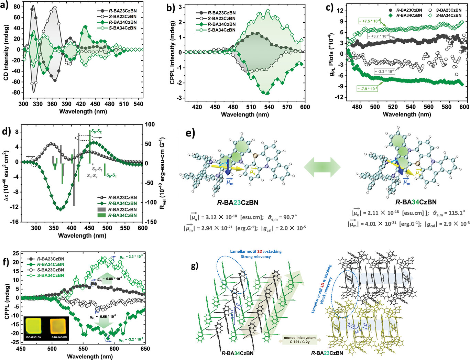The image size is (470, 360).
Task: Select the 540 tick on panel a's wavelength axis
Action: coord(138,104)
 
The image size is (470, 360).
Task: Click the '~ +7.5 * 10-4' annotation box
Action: coord(369,21)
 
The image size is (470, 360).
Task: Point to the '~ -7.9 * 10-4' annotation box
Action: coord(367,89)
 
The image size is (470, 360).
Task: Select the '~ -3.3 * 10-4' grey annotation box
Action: coord(384,72)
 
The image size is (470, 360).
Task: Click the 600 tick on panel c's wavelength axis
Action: coord(464,107)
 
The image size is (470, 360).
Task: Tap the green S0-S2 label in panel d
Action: coord(96,131)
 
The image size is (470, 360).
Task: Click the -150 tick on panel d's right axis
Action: coord(150,222)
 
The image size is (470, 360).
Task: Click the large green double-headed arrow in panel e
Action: coord(322,167)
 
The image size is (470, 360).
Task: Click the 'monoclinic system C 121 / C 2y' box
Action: coord(299,340)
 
